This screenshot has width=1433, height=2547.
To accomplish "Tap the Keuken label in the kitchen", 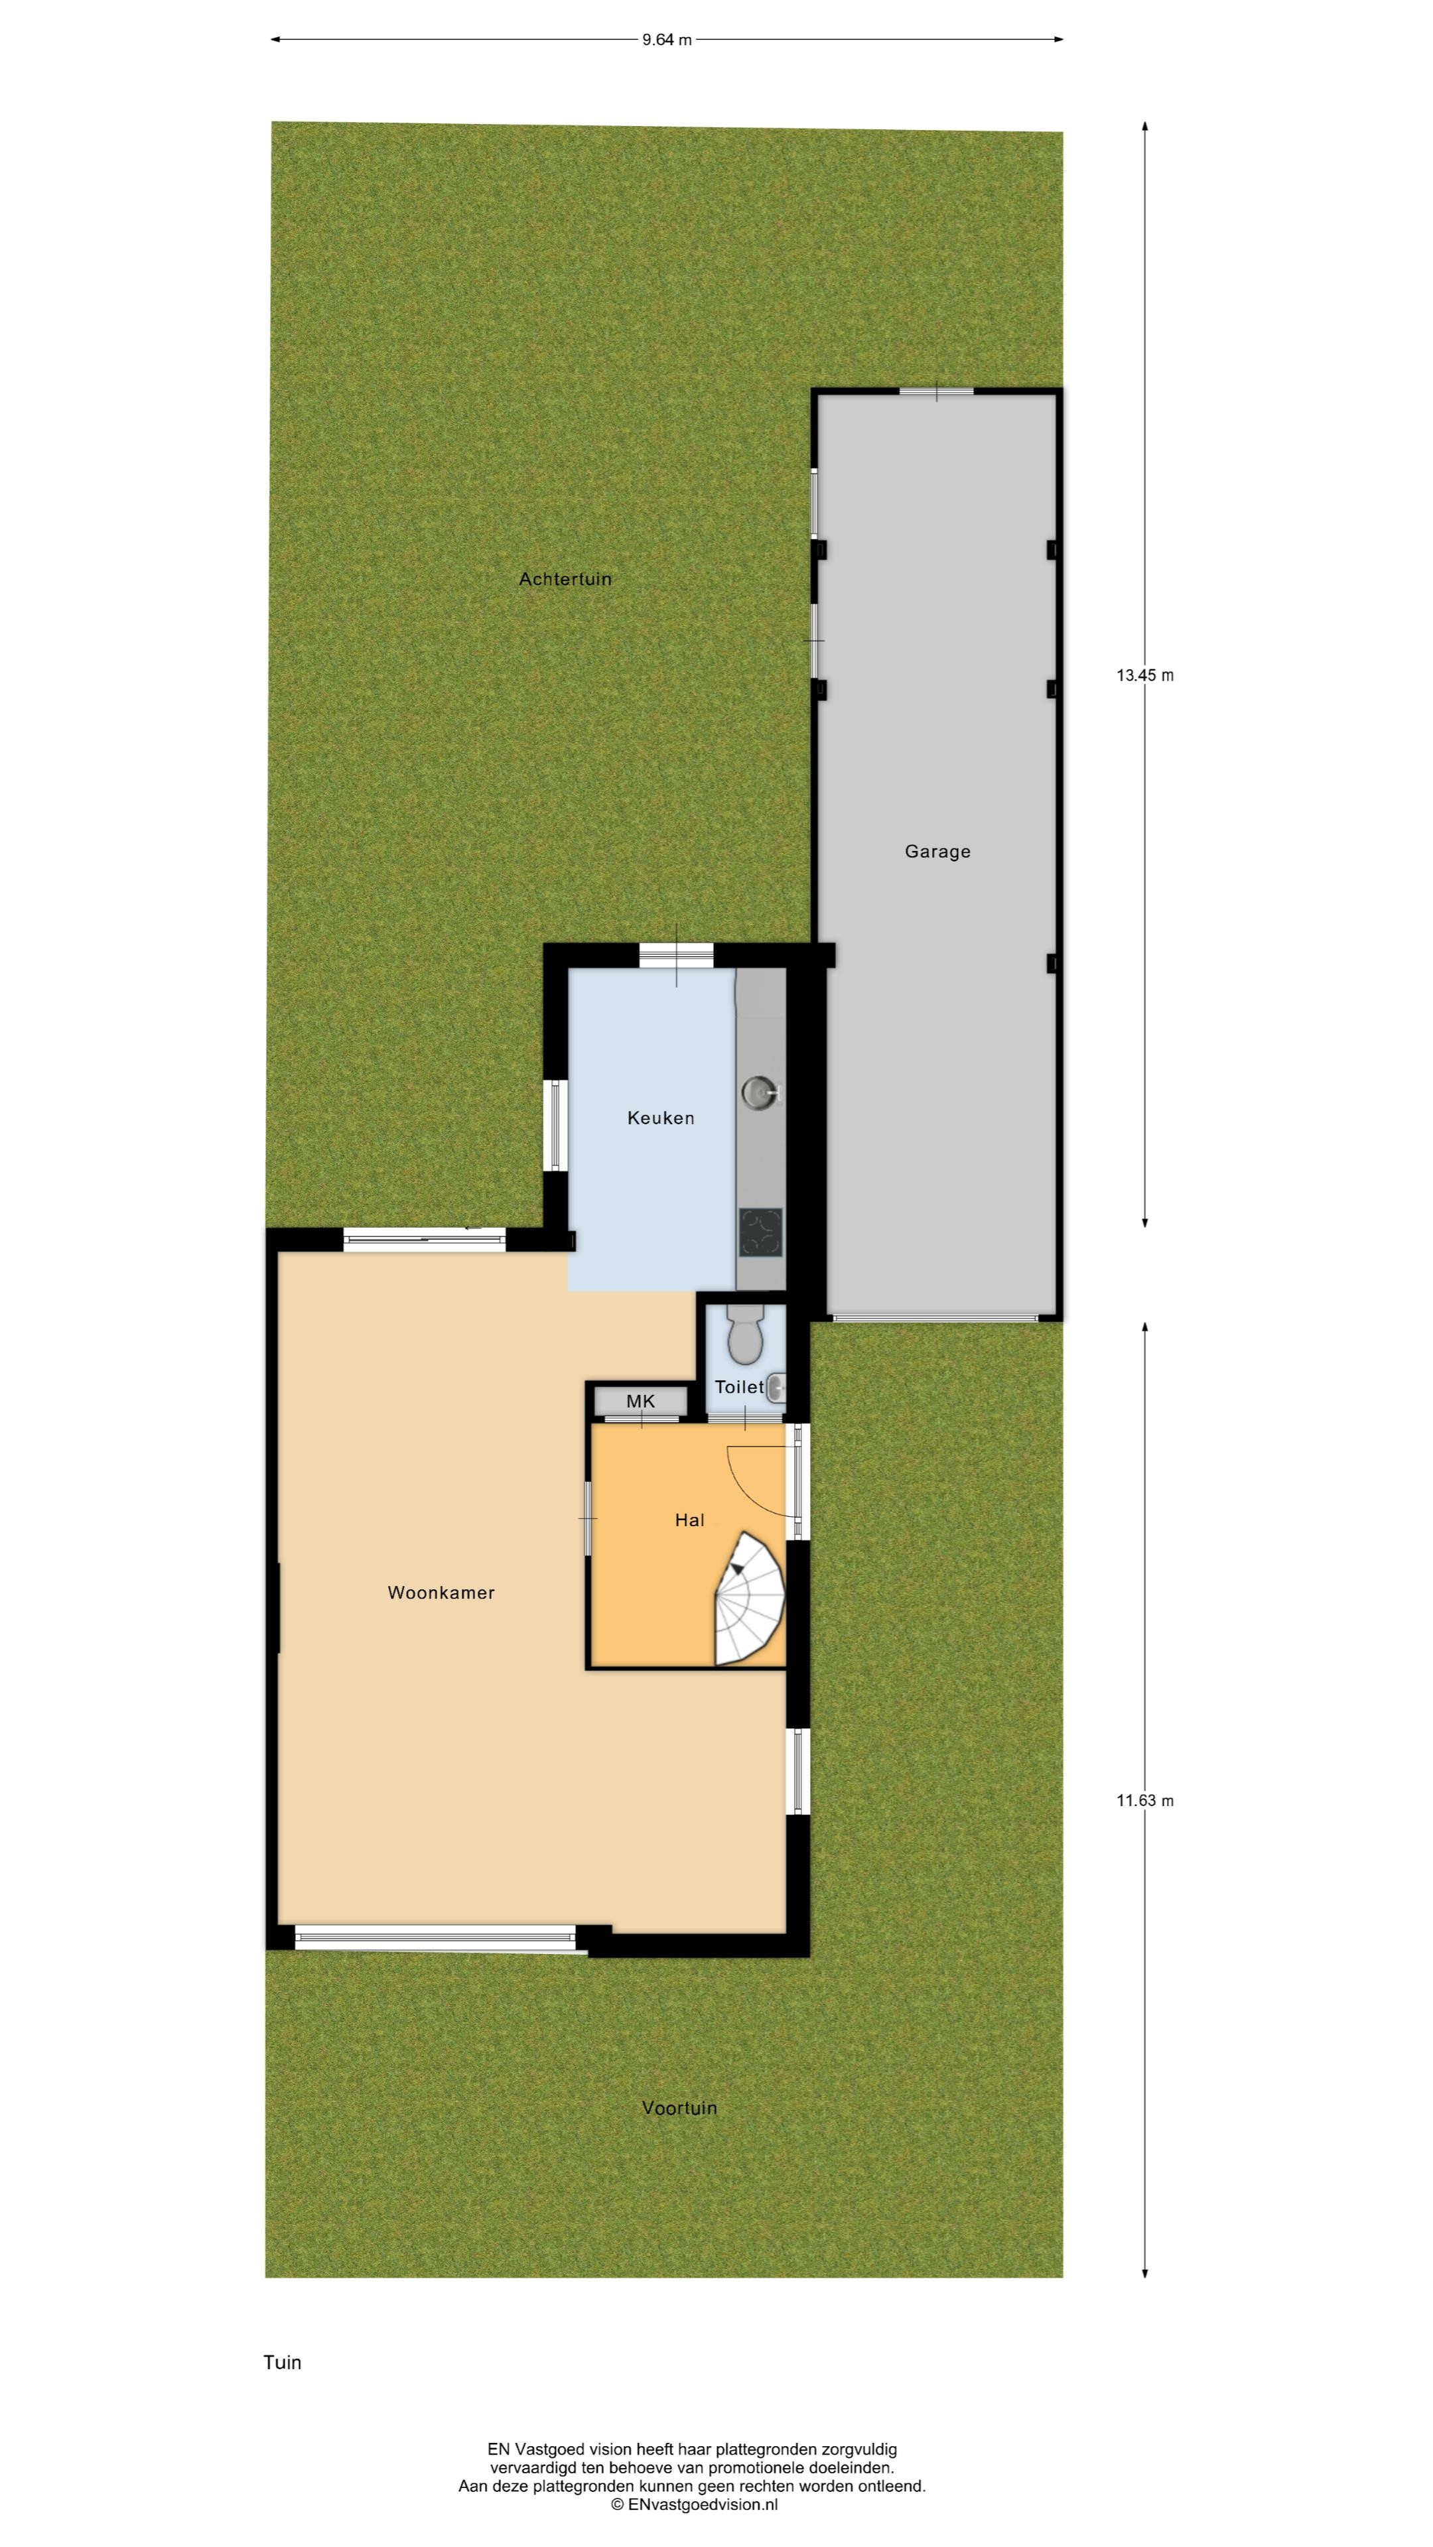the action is pyautogui.click(x=661, y=1118).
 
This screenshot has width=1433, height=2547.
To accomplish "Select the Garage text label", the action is pyautogui.click(x=937, y=851).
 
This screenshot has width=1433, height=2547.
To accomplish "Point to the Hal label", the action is pyautogui.click(x=689, y=1520).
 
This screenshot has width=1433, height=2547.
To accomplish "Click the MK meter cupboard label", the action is pyautogui.click(x=641, y=1401).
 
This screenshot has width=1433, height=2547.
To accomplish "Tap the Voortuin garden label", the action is pyautogui.click(x=679, y=2108).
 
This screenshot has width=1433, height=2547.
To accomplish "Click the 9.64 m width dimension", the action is pyautogui.click(x=667, y=40).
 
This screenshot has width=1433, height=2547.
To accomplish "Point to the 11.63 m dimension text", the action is pyautogui.click(x=1145, y=1801).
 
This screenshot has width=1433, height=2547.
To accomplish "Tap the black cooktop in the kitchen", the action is pyautogui.click(x=760, y=1233).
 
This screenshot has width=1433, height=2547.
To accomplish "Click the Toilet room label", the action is pyautogui.click(x=740, y=1387).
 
